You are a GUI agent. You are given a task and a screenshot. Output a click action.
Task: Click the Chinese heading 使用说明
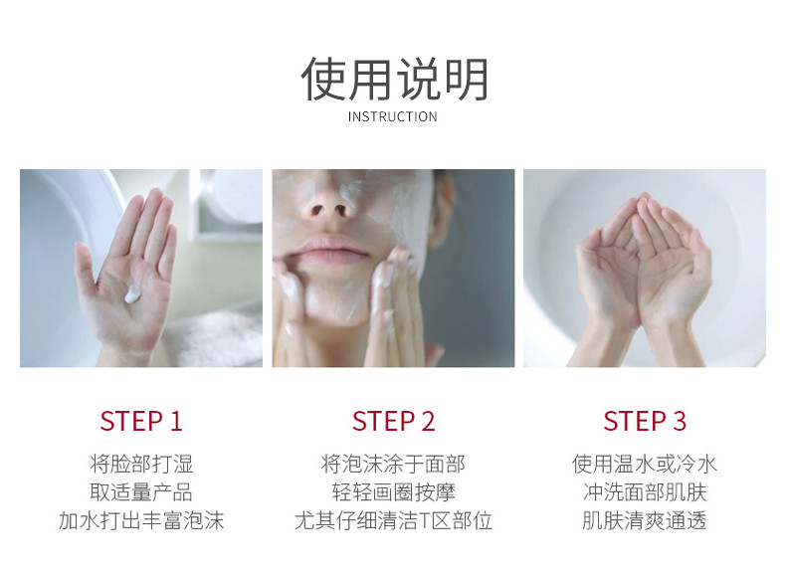coord(394,80)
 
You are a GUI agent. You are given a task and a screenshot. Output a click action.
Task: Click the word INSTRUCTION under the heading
coord(392,117)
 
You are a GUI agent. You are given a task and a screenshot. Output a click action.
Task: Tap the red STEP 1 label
coord(141,421)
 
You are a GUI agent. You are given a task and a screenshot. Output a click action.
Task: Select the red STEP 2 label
coord(394,421)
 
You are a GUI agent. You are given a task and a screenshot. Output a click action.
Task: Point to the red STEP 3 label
coord(645,421)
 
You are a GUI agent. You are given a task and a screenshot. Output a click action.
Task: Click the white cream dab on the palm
coord(133,294)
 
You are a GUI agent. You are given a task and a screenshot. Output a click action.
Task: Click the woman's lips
coord(333,249)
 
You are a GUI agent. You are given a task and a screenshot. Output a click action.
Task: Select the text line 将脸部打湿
coord(141,465)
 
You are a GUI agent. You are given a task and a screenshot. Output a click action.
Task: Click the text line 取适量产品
coord(141,492)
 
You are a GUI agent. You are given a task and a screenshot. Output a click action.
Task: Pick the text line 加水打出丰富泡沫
coord(141,521)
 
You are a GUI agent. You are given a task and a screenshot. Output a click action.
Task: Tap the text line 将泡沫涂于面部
coord(394,465)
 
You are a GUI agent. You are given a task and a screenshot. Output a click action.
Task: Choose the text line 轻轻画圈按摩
coord(394,492)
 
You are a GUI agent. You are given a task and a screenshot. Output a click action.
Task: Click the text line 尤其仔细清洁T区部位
coord(394,521)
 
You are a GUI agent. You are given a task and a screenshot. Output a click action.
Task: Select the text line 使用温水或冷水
coord(645,465)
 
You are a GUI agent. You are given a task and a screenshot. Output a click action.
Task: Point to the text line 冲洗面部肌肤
coord(645,492)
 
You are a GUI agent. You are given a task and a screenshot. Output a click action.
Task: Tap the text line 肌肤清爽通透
coord(645,521)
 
